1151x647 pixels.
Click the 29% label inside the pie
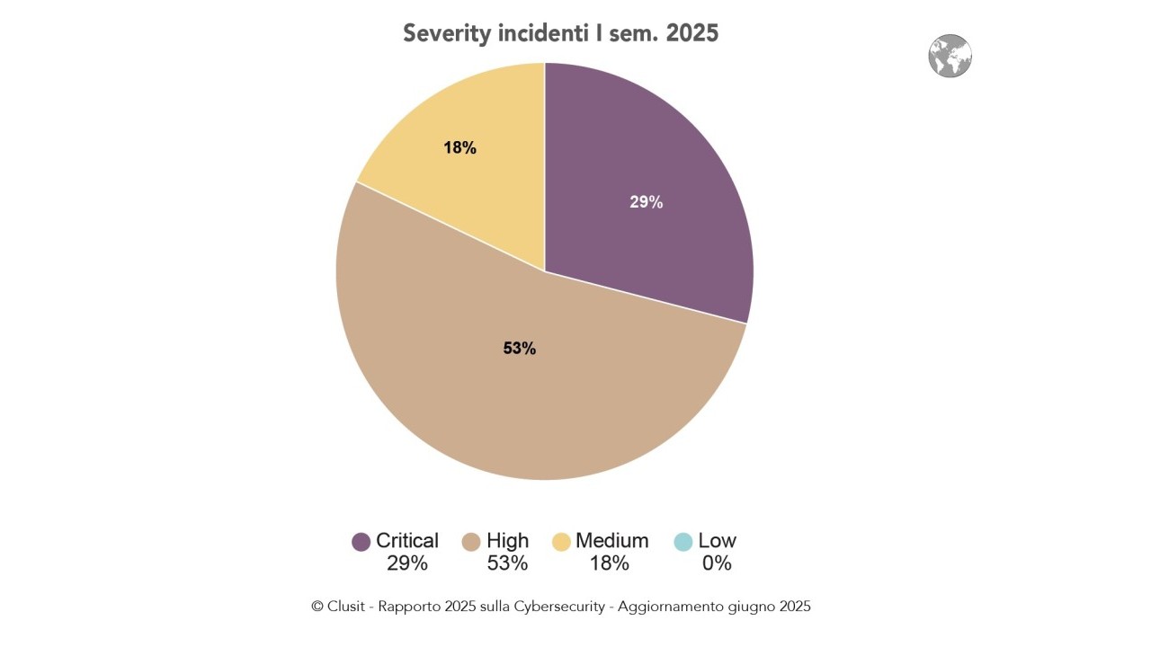pyautogui.click(x=646, y=202)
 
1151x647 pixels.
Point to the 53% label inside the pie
pyautogui.click(x=519, y=349)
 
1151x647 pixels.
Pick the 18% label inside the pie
pyautogui.click(x=460, y=148)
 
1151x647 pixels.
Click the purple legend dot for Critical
pyautogui.click(x=361, y=542)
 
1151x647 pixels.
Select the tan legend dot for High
pyautogui.click(x=471, y=542)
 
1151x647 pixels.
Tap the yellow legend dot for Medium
pyautogui.click(x=561, y=542)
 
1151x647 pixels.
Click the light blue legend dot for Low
pyautogui.click(x=683, y=542)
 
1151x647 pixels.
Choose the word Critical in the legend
pyautogui.click(x=407, y=541)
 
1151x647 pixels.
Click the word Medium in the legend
pyautogui.click(x=611, y=541)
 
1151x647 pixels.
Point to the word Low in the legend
pyautogui.click(x=717, y=541)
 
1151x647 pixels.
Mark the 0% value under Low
pyautogui.click(x=717, y=563)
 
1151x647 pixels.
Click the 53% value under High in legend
pyautogui.click(x=507, y=563)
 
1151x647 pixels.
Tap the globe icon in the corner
pyautogui.click(x=950, y=57)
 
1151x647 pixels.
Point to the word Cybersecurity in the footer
pyautogui.click(x=559, y=607)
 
